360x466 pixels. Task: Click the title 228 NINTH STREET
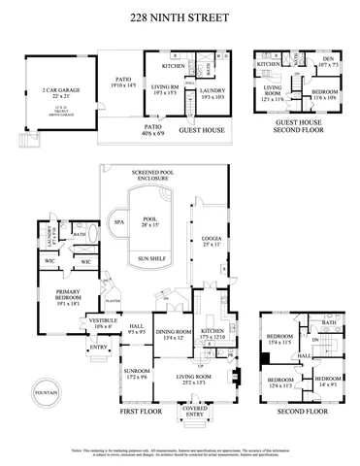tap(180, 17)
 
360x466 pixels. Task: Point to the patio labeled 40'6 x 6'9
tap(153, 128)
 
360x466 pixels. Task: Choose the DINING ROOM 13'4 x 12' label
tap(173, 334)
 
